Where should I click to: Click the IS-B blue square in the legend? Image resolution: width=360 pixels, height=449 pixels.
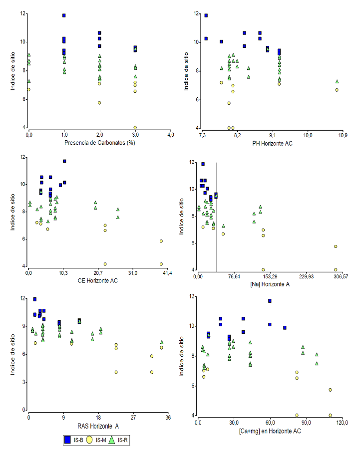point(66,440)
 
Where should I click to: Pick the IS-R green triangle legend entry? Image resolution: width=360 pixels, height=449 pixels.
point(112,440)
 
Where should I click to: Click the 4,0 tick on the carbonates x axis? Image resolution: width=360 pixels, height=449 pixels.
point(171,135)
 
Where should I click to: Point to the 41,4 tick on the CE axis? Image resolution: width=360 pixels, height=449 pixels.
point(167,273)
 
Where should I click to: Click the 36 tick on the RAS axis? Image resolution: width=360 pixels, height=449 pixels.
point(168,417)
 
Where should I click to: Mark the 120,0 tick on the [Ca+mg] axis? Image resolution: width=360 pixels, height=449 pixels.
point(342,422)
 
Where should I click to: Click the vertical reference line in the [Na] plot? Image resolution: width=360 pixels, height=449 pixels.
point(217,215)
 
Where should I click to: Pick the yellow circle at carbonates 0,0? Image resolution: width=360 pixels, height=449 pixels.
point(29,90)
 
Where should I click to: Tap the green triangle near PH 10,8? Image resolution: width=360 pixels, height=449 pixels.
point(337,81)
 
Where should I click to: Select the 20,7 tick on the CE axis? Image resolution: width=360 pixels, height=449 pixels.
point(98,273)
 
